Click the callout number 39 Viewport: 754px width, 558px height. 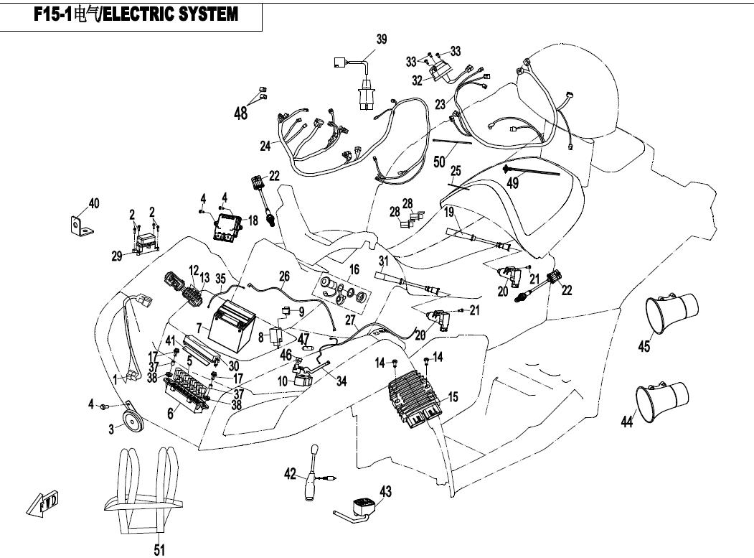click(382, 39)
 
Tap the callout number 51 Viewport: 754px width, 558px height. click(159, 550)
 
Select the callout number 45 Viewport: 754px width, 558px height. click(644, 347)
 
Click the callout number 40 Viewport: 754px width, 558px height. click(94, 204)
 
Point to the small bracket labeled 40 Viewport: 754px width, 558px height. click(82, 225)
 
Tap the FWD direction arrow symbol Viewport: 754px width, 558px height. click(44, 503)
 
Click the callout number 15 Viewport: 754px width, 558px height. click(453, 396)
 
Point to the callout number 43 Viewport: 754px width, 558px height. click(386, 491)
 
